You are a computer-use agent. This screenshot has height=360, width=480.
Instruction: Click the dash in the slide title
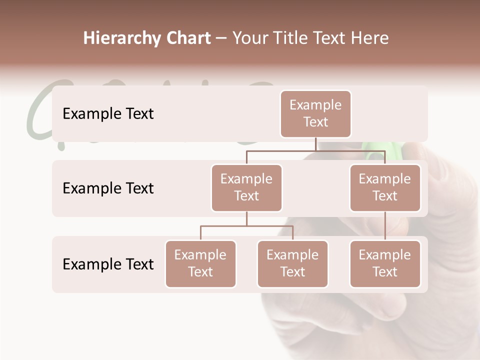pyautogui.click(x=221, y=39)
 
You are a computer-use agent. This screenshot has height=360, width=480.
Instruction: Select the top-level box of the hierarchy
pyautogui.click(x=315, y=114)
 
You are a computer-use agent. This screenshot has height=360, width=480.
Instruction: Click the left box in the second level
pyautogui.click(x=246, y=188)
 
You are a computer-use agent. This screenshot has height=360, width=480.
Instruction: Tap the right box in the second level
pyautogui.click(x=385, y=188)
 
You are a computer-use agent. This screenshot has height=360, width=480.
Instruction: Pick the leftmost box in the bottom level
pyautogui.click(x=200, y=264)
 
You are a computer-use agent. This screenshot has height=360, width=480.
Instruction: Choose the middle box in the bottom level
pyautogui.click(x=292, y=264)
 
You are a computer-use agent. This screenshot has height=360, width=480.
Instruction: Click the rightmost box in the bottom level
pyautogui.click(x=385, y=264)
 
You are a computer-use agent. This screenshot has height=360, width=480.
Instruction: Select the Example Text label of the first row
pyautogui.click(x=108, y=114)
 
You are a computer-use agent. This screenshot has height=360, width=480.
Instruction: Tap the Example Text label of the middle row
pyautogui.click(x=108, y=188)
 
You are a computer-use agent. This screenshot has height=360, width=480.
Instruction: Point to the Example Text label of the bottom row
pyautogui.click(x=108, y=264)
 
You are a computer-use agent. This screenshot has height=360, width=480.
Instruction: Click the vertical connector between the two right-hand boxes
pyautogui.click(x=385, y=226)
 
